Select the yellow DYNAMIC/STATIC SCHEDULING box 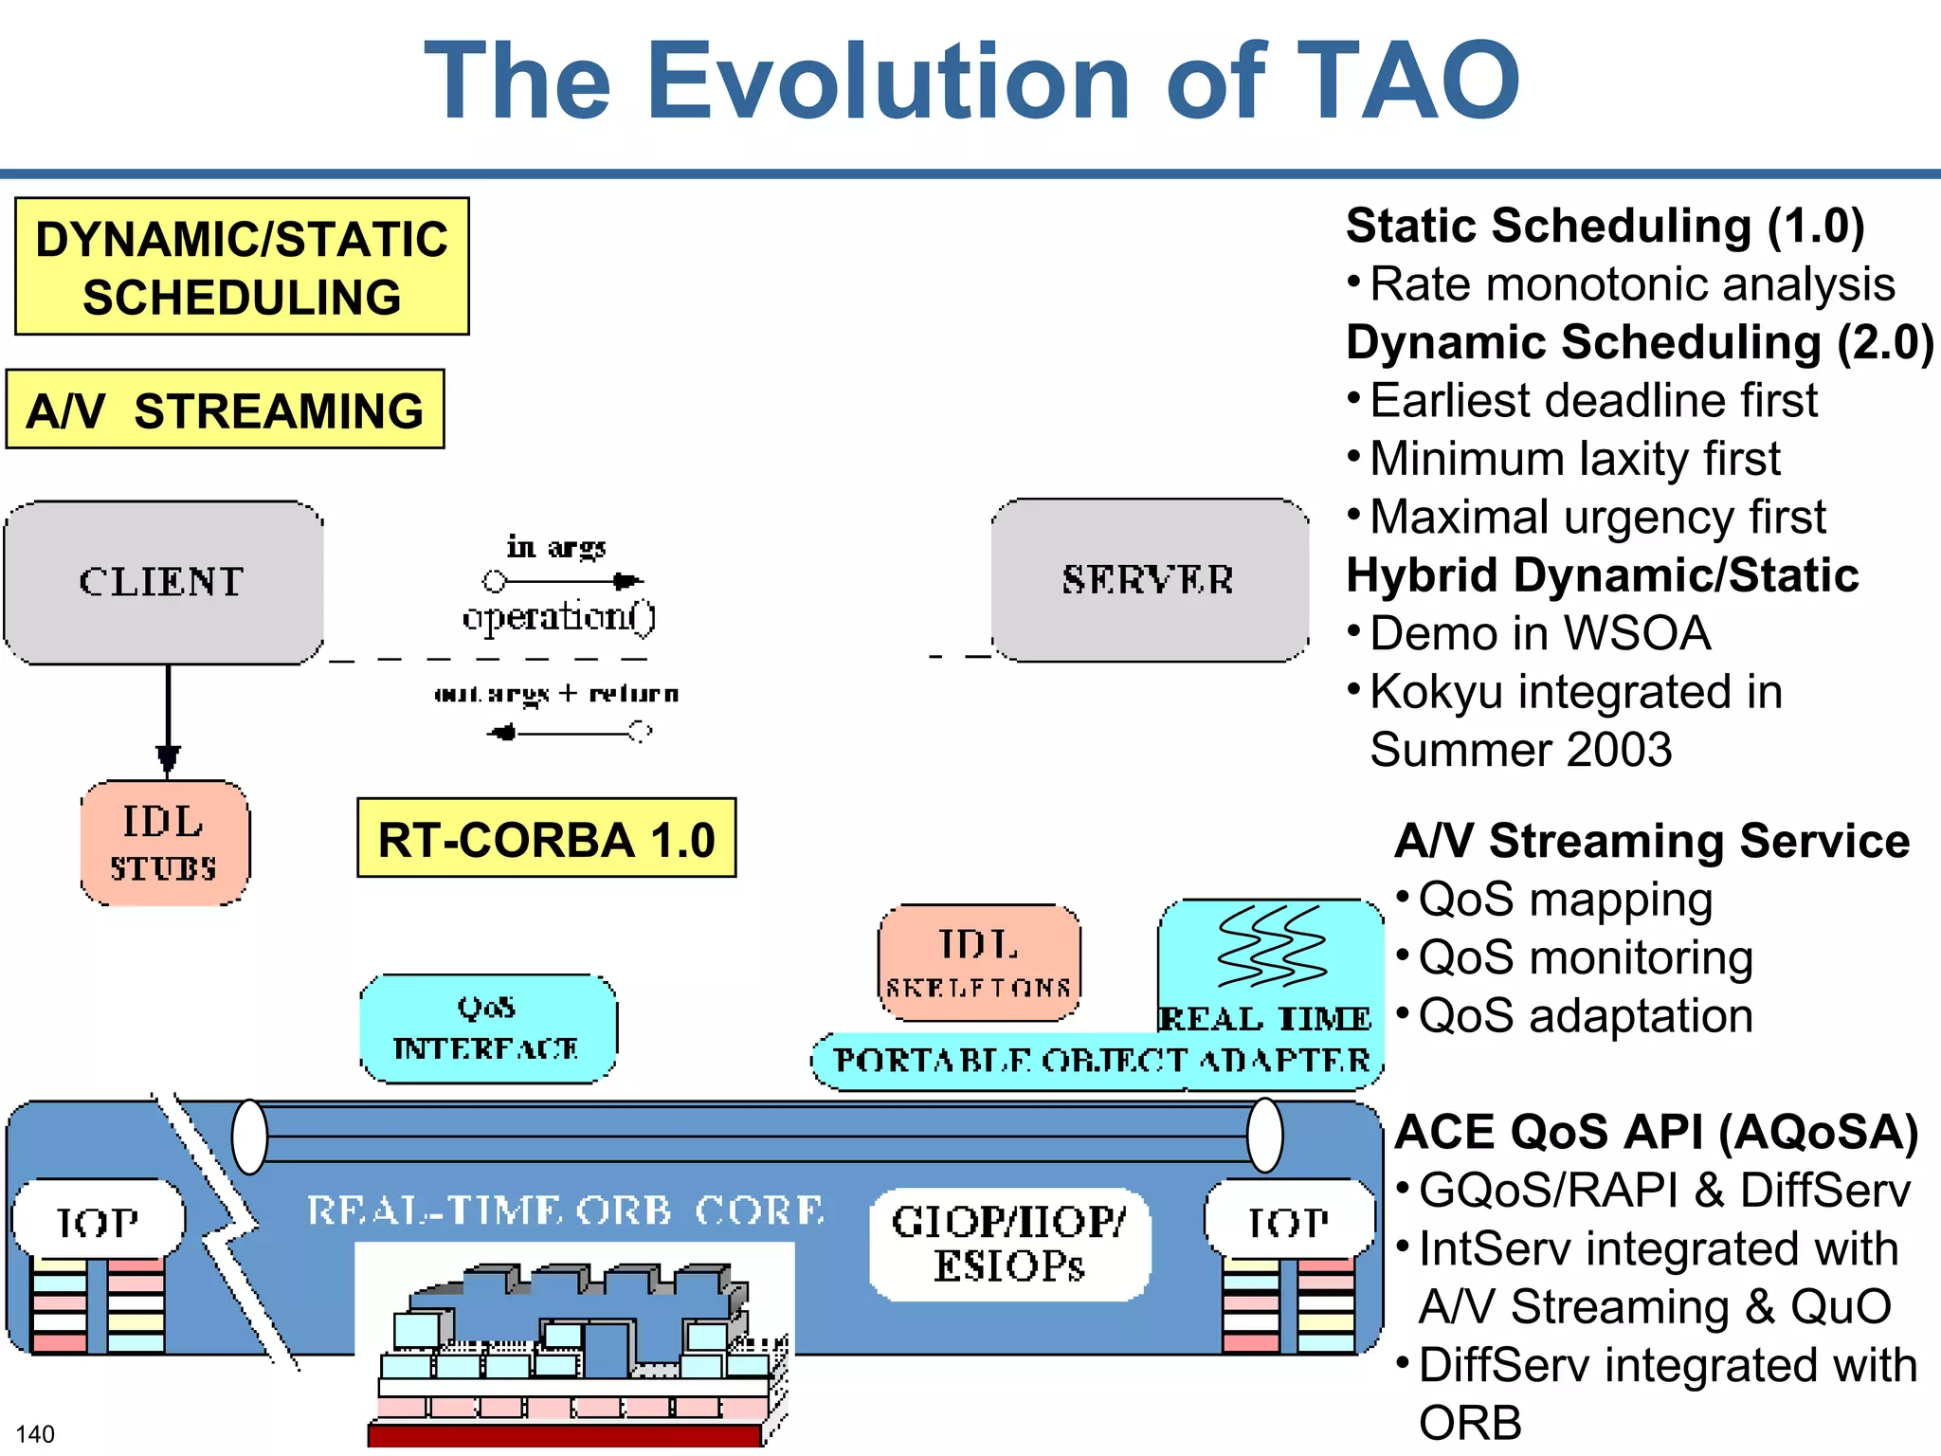point(242,266)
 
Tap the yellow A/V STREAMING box point(225,409)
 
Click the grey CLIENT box point(163,582)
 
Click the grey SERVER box point(1149,579)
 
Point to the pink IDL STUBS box point(164,843)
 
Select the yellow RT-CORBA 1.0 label point(546,838)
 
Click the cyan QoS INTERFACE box point(487,1028)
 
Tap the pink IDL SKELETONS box point(978,962)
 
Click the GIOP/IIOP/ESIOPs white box point(1008,1244)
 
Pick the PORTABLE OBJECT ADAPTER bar point(1099,1061)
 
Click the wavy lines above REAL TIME point(1270,946)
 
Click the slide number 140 point(35,1433)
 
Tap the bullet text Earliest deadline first point(1593,400)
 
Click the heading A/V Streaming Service point(1651,841)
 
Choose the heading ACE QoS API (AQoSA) point(1656,1132)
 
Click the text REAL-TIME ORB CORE point(566,1210)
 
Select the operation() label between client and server point(558,617)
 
